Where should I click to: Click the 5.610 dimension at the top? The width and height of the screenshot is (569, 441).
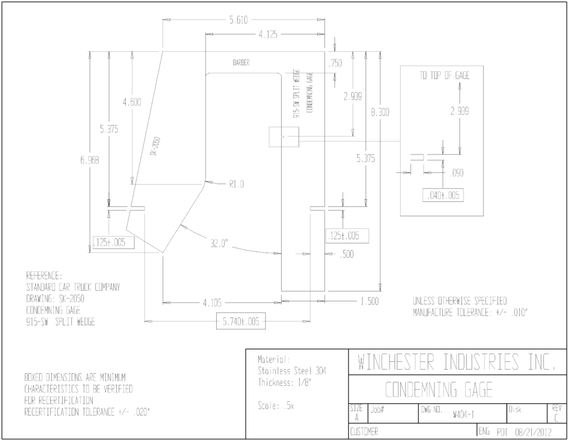click(x=238, y=19)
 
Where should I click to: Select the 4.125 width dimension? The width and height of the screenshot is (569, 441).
click(x=268, y=34)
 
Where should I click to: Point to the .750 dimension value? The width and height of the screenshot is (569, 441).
click(x=335, y=63)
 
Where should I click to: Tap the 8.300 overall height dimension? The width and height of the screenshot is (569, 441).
click(x=380, y=112)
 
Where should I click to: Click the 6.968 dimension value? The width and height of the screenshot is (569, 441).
click(x=89, y=160)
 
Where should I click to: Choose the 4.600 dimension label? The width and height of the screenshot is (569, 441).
click(x=132, y=102)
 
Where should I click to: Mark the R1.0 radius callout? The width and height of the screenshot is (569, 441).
click(x=237, y=184)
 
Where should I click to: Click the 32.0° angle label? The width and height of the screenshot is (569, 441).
click(x=219, y=244)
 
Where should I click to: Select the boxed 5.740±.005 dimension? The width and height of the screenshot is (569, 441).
click(x=241, y=321)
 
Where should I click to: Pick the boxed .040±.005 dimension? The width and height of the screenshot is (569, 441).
click(x=443, y=195)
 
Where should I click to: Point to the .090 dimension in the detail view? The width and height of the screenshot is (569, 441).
click(x=457, y=173)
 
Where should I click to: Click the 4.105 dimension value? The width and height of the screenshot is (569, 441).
click(x=212, y=303)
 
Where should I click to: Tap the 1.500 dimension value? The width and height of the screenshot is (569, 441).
click(x=370, y=301)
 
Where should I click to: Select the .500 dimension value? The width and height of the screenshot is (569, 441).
click(x=347, y=254)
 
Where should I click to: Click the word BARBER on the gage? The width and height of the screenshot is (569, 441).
click(x=241, y=63)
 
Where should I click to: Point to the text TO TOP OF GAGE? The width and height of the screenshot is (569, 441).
click(x=445, y=75)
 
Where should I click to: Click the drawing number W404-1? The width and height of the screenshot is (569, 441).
click(x=463, y=414)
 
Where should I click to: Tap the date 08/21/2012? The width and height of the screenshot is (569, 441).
click(x=533, y=432)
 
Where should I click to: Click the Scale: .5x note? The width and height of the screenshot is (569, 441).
click(x=276, y=405)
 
